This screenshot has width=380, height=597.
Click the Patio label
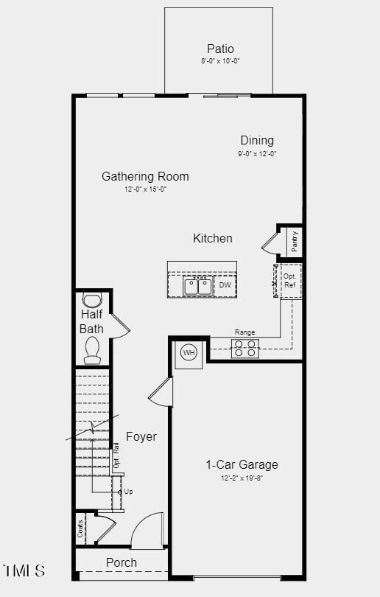coord(220,49)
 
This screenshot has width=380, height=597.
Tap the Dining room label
coord(257,140)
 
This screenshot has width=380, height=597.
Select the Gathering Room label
coord(145,177)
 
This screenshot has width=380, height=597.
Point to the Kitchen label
coord(213,238)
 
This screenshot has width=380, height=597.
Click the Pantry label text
coord(295,241)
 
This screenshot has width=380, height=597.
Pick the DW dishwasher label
coord(225,285)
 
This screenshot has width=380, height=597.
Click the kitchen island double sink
coord(197,286)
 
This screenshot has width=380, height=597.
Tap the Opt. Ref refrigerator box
coord(289,281)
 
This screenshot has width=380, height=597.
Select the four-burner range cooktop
coord(245,348)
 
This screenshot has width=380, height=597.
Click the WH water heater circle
coord(189,353)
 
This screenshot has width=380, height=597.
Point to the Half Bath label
coord(92,321)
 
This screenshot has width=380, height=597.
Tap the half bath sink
coord(92,301)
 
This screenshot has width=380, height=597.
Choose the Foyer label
coord(141,436)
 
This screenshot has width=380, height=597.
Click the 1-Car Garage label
coord(242,464)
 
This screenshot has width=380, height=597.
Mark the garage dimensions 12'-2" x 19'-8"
coord(242,478)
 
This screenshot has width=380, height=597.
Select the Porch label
coord(122,562)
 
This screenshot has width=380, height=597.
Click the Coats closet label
coord(80,528)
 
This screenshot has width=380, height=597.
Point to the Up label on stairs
coord(129,491)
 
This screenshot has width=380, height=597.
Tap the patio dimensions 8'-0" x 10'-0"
coord(220,61)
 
